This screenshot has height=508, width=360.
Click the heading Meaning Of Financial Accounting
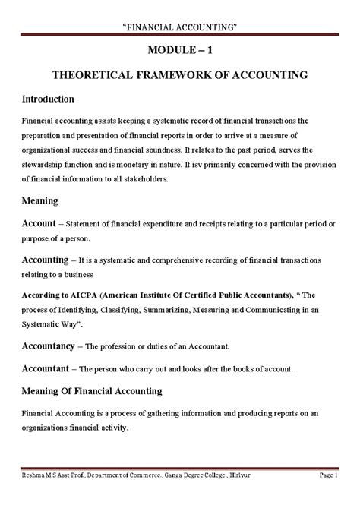tap(92, 392)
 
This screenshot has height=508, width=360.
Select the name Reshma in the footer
tap(36, 497)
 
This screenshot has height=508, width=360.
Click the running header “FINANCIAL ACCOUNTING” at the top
tap(179, 28)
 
